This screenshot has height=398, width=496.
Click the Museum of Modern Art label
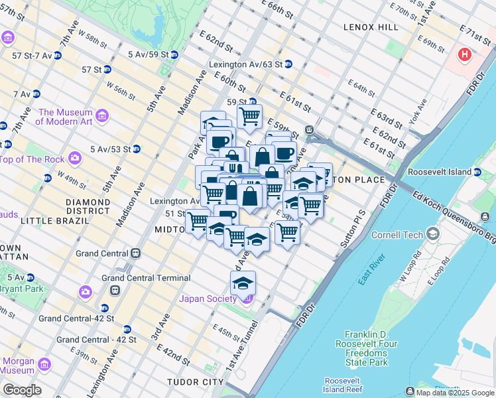pyautogui.click(x=64, y=117)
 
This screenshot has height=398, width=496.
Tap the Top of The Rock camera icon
pyautogui.click(x=74, y=158)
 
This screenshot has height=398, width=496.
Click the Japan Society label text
pyautogui.click(x=208, y=298)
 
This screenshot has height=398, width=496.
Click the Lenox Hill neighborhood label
pyautogui.click(x=371, y=27)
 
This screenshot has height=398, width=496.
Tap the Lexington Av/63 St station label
pyautogui.click(x=245, y=64)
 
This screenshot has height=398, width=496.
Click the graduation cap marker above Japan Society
pyautogui.click(x=243, y=284)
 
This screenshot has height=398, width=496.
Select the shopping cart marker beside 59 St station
pyautogui.click(x=249, y=117)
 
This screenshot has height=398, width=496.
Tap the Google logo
pyautogui.click(x=22, y=390)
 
